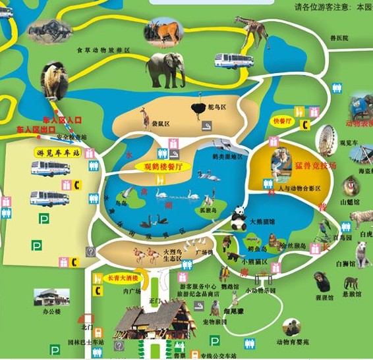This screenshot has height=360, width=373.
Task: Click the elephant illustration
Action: point(165,69)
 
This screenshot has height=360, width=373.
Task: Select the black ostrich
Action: point(200,107)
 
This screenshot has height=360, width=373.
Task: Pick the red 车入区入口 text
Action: point(62,120)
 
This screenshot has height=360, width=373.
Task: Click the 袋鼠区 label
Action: point(162,123)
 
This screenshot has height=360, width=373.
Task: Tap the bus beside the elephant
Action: point(233,61)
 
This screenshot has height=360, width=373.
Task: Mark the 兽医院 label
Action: point(339,39)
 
